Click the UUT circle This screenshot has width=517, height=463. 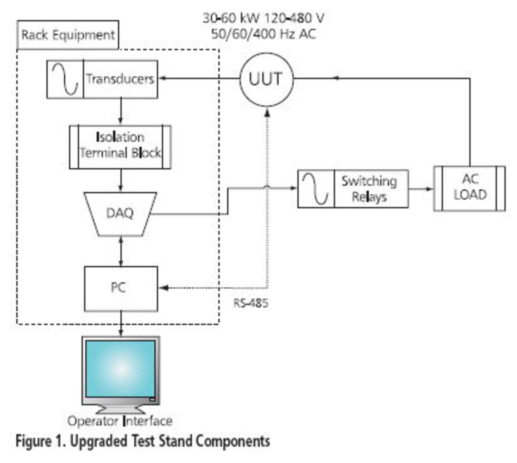click(x=266, y=79)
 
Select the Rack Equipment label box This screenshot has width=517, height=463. click(x=68, y=35)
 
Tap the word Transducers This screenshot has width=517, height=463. click(x=120, y=79)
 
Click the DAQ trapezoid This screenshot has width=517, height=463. click(x=120, y=213)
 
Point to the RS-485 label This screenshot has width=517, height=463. click(x=250, y=303)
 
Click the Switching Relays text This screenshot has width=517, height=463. click(x=369, y=188)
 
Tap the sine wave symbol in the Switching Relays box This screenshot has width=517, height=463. click(x=316, y=188)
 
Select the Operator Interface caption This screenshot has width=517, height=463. click(x=120, y=421)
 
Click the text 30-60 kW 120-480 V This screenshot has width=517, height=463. click(x=263, y=18)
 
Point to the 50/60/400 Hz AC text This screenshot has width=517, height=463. click(x=263, y=34)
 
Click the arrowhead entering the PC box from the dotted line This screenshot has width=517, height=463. click(x=164, y=288)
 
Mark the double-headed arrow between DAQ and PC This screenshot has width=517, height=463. click(x=121, y=251)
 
